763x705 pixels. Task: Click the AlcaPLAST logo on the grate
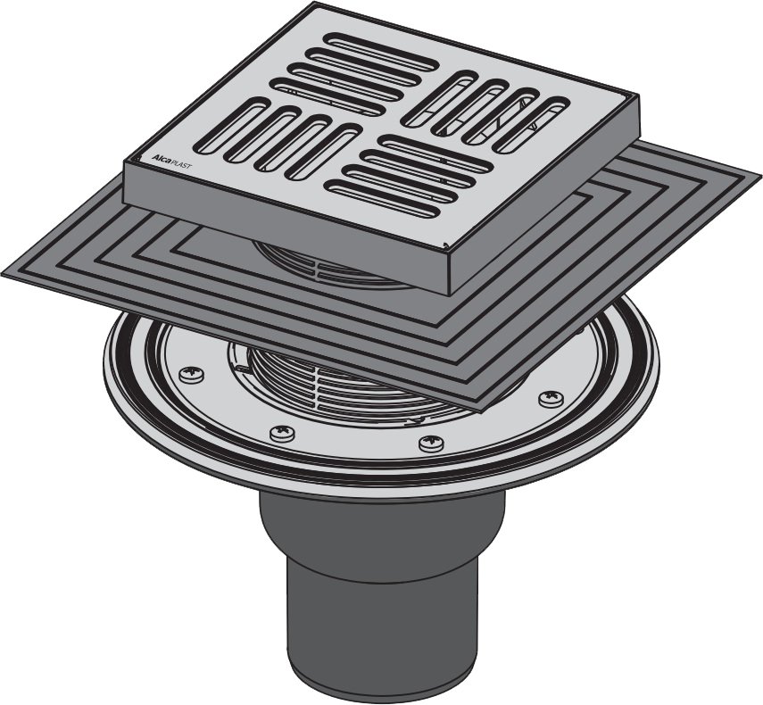point(171,162)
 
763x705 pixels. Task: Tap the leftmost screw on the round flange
point(191,374)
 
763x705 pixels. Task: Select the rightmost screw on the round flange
point(552,399)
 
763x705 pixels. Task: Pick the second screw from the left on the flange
point(283,433)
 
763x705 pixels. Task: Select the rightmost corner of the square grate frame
point(639,96)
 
